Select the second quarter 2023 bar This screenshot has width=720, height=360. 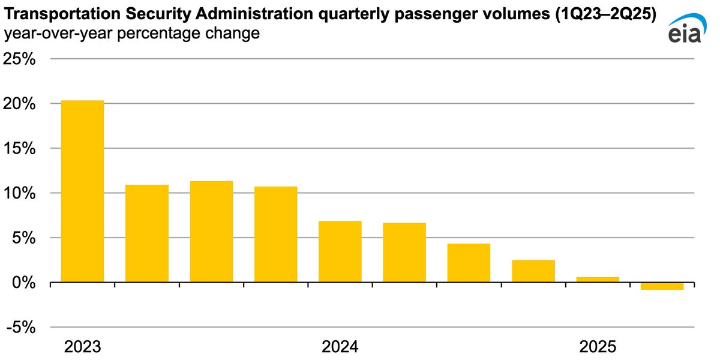click(x=147, y=233)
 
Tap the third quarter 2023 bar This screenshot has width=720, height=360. click(x=211, y=232)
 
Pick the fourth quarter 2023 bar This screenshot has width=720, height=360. click(x=275, y=234)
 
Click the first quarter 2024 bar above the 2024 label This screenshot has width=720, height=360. click(x=340, y=251)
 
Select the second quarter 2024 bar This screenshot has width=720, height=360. click(x=404, y=253)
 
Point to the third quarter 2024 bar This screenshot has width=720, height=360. click(x=469, y=263)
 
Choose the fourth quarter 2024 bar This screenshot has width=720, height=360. click(x=533, y=271)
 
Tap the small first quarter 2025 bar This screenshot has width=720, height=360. click(x=598, y=279)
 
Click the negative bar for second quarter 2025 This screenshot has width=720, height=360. click(x=662, y=286)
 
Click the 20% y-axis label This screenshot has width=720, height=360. click(x=21, y=104)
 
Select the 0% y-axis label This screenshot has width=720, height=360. click(x=25, y=283)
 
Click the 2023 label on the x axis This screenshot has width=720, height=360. click(x=83, y=347)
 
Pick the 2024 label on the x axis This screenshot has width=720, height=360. click(x=340, y=347)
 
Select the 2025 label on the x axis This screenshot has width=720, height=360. click(x=598, y=347)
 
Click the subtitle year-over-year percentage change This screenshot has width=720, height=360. click(x=132, y=34)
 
